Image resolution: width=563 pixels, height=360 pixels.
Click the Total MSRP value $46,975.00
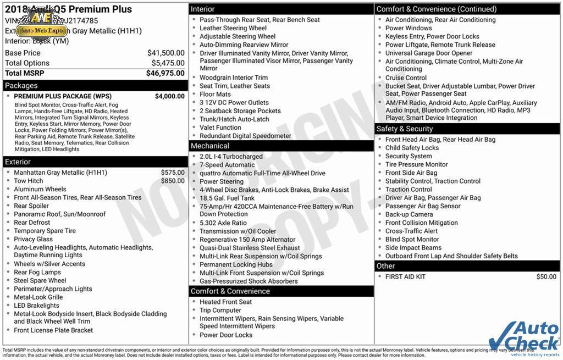point(165,73)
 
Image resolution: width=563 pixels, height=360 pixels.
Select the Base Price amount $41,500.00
point(165,53)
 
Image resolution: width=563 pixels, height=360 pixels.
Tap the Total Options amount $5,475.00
point(168,63)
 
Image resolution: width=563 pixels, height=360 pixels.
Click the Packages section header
point(22,86)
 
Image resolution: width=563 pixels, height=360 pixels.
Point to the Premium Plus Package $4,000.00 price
point(169,96)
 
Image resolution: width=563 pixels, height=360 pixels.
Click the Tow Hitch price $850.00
point(173,181)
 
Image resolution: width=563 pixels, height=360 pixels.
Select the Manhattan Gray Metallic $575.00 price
point(173,173)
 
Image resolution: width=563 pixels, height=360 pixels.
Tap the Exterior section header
point(18,162)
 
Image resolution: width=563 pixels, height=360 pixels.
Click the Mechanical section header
point(210,146)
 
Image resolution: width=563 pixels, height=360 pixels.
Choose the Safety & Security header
point(405,129)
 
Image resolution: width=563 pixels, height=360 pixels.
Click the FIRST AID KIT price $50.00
point(546,277)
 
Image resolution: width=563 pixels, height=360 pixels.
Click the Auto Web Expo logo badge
point(40,24)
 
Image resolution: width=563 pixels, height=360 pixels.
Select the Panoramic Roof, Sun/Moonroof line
point(60,214)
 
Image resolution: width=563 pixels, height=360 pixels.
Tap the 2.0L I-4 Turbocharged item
point(231,157)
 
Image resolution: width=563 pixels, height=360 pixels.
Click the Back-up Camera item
point(409,214)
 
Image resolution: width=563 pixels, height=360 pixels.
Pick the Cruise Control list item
point(406,78)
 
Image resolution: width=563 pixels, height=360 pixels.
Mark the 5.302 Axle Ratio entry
point(223,223)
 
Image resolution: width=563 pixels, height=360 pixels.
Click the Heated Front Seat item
point(225,302)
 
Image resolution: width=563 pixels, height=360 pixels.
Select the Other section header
point(386,266)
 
